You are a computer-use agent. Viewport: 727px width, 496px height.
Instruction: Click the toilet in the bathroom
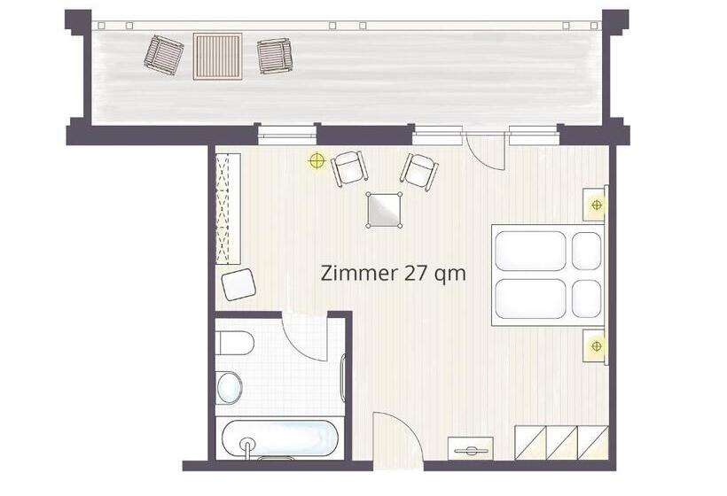pyautogui.click(x=235, y=343)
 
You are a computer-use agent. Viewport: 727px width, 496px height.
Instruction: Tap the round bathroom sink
pyautogui.click(x=229, y=387)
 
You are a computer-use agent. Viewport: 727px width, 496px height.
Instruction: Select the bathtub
pyautogui.click(x=280, y=438)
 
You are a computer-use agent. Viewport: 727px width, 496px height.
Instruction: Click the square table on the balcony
pyautogui.click(x=217, y=57)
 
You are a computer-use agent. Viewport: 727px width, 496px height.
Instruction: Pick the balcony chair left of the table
pyautogui.click(x=164, y=56)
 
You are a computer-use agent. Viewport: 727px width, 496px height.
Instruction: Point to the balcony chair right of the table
pyautogui.click(x=275, y=56)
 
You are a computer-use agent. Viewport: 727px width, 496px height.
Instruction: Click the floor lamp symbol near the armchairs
pyautogui.click(x=317, y=160)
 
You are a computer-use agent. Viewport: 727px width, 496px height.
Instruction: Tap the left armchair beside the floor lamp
pyautogui.click(x=349, y=167)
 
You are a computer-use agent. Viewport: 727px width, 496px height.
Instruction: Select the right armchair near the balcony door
pyautogui.click(x=419, y=172)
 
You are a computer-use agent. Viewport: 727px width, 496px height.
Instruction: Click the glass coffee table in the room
pyautogui.click(x=384, y=210)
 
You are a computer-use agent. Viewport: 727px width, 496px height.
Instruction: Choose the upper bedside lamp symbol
pyautogui.click(x=597, y=205)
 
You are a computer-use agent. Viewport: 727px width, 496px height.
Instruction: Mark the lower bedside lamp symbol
pyautogui.click(x=597, y=345)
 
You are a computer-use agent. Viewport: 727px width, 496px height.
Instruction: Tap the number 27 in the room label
pyautogui.click(x=415, y=273)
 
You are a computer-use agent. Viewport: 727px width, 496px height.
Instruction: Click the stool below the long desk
pyautogui.click(x=238, y=284)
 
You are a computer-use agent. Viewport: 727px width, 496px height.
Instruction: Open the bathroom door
pyautogui.click(x=304, y=337)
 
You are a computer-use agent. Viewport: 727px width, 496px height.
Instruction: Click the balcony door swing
pyautogui.click(x=485, y=151)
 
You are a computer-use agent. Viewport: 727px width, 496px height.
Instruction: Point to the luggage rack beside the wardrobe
pyautogui.click(x=470, y=448)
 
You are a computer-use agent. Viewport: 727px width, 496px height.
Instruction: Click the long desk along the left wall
pyautogui.click(x=228, y=209)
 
